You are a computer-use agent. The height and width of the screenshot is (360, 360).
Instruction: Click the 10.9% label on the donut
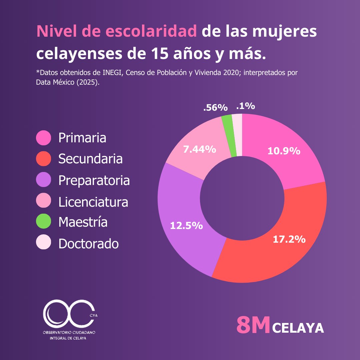click(x=284, y=151)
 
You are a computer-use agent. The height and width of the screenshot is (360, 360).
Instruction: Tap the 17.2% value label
click(x=289, y=239)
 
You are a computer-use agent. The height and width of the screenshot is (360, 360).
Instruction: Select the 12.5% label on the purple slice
click(x=186, y=226)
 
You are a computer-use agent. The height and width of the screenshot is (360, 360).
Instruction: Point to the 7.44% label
click(x=199, y=149)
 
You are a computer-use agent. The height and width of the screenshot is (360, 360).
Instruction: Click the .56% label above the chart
click(x=215, y=108)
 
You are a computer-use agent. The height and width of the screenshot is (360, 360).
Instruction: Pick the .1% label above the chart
click(x=245, y=106)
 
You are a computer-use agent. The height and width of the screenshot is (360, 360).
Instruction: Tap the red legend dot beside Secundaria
click(x=43, y=159)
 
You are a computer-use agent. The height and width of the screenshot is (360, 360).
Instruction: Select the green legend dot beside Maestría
click(x=43, y=222)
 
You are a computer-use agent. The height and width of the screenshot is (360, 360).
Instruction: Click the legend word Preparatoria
click(x=94, y=180)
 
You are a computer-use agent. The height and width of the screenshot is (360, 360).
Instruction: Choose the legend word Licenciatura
click(x=93, y=202)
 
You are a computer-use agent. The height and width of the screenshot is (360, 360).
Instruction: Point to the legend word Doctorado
click(x=88, y=244)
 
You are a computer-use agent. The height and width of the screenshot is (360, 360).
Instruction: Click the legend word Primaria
click(x=82, y=138)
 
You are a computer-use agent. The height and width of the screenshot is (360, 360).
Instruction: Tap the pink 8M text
click(x=253, y=325)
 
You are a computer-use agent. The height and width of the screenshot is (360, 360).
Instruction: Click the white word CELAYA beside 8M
click(x=298, y=328)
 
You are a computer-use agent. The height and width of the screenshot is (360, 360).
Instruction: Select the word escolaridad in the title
click(x=151, y=32)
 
